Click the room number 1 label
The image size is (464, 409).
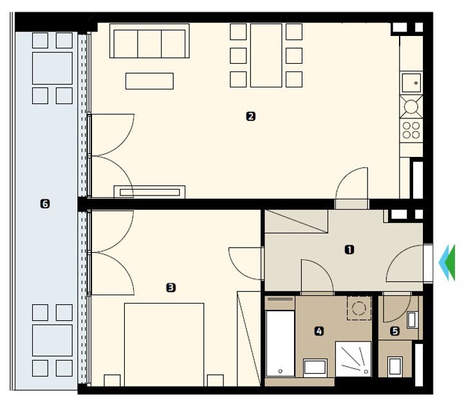coord(349,250)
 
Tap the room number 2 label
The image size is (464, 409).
coord(250,116)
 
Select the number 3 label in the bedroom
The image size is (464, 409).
coord(171,288)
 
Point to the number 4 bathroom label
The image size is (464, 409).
coord(319,331)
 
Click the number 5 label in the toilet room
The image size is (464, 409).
coord(395,331)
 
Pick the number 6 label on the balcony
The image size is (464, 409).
coord(44,204)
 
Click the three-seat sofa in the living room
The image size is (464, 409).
coord(149,42)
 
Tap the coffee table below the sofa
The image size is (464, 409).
coord(149,80)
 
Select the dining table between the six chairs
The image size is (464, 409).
coord(266,55)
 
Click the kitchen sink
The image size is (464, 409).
coord(411,82)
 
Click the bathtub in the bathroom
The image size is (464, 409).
coord(280,344)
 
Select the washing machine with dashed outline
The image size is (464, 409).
coord(358,307)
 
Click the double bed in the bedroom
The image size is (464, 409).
coord(163,344)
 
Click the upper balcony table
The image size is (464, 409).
coord(52,68)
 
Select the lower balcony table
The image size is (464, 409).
coord(52,340)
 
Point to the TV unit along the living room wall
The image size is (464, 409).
coord(149,191)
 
